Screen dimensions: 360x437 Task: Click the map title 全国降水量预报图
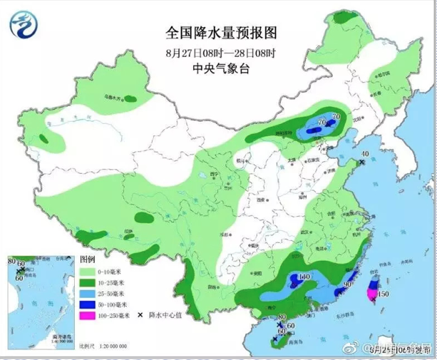coord(220,33)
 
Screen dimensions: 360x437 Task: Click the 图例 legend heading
coord(87,259)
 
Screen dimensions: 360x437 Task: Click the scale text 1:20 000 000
coord(110,346)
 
